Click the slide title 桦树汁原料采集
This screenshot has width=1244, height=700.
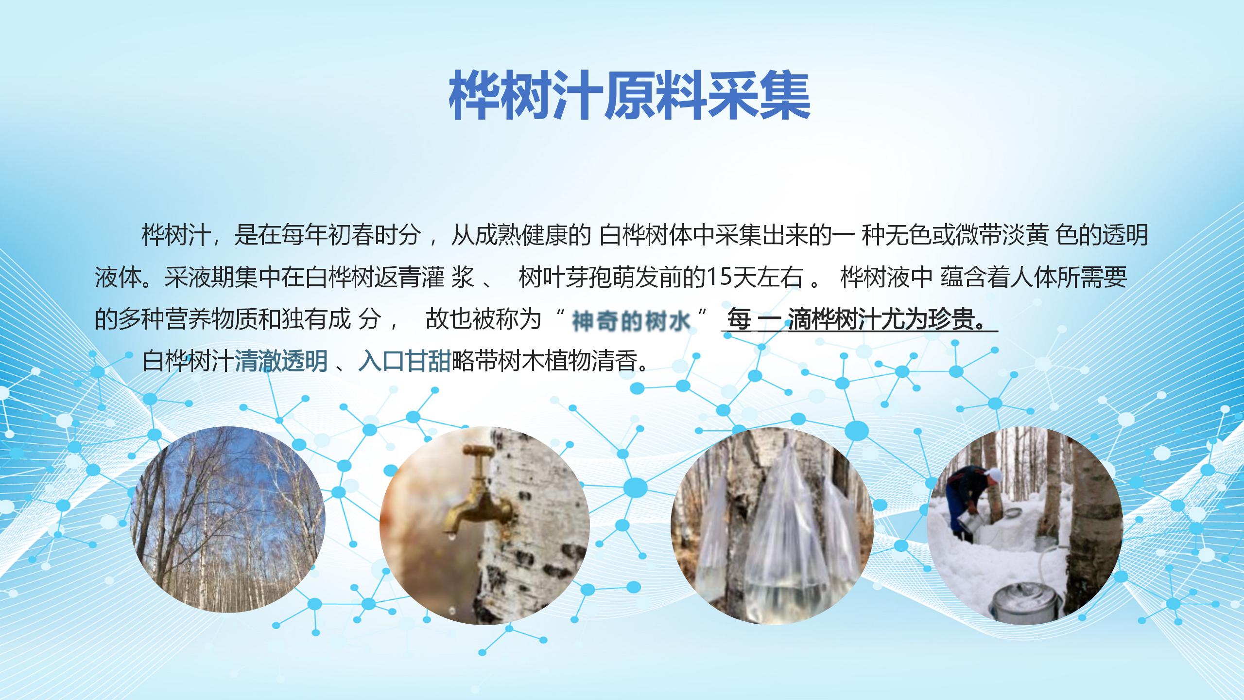coord(629,96)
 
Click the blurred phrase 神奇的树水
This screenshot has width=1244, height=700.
coord(631,321)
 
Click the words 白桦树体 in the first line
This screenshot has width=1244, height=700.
coord(646,235)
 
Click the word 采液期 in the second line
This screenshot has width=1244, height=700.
coord(199,278)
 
